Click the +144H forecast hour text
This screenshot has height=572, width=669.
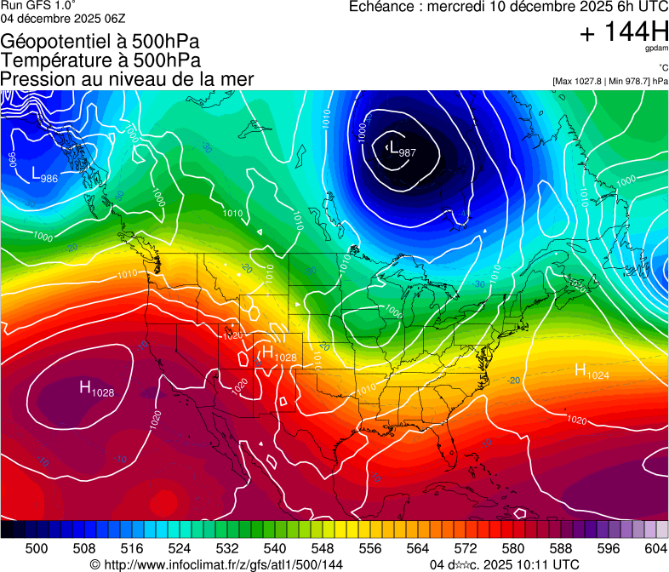point(623,32)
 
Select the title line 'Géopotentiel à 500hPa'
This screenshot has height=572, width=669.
point(101,41)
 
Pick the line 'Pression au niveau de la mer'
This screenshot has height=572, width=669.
point(127,79)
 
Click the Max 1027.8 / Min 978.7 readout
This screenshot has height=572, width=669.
point(609,81)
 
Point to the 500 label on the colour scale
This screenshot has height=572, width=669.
point(37,547)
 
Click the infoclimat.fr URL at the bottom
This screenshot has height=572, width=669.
point(216,564)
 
